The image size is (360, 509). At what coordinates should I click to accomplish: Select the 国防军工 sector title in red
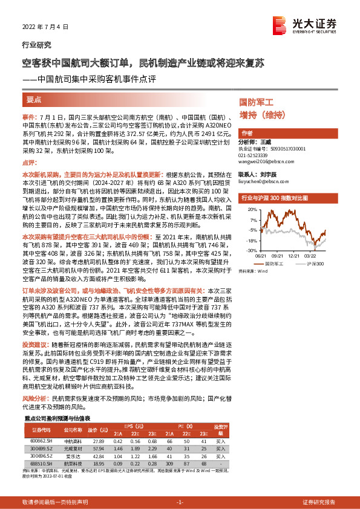(257, 102)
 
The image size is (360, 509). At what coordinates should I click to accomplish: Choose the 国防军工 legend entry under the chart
(275, 264)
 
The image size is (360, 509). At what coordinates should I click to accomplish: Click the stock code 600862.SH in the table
(42, 441)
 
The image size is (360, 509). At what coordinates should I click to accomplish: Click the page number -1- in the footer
(180, 502)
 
